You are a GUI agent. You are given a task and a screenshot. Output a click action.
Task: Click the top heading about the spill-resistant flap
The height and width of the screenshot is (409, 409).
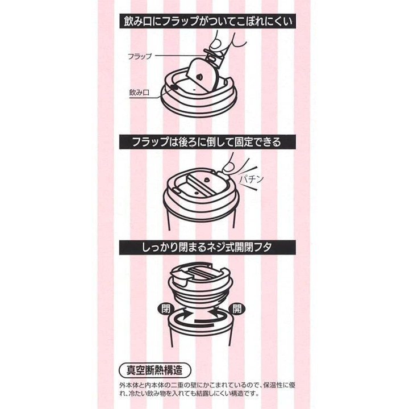coord(207,21)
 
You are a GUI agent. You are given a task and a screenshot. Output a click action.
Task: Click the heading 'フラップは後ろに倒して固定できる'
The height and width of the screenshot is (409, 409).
coord(207,142)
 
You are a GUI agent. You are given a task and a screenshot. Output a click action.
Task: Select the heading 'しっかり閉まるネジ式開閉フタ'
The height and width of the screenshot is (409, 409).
coord(207,247)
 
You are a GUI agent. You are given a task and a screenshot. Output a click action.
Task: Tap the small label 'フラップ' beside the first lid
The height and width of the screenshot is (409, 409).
coord(140,56)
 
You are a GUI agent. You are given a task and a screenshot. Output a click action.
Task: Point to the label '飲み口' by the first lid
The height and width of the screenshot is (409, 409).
coord(139,92)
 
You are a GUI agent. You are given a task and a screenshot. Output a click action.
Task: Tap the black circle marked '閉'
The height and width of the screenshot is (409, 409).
coord(165,309)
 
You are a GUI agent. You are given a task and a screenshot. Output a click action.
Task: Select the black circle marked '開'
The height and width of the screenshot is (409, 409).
coord(237,309)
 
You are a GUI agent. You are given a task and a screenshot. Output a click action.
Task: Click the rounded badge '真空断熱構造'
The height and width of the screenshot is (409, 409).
coord(155,370)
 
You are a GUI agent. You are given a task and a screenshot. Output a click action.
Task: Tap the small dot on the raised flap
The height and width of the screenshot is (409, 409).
coord(199,77)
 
